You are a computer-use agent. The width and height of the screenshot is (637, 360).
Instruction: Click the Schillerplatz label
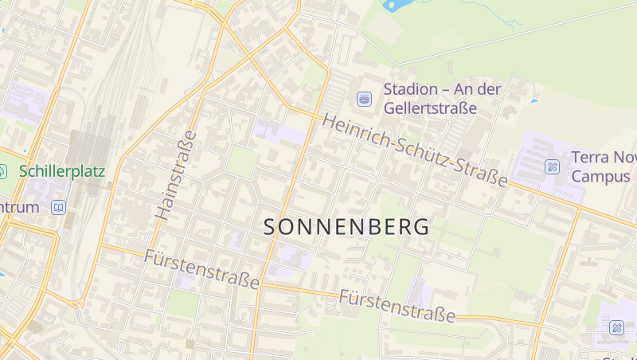coord(62,171)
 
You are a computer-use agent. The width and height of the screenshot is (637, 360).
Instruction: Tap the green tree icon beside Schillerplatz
coord(2,171)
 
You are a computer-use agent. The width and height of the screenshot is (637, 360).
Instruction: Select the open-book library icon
coord(58,207)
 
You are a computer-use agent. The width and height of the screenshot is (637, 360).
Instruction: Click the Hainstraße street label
coord(175,175)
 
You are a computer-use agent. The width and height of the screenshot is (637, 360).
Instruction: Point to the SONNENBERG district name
coord(346,227)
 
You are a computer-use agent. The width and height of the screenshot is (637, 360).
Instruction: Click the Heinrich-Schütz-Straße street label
coord(415,151)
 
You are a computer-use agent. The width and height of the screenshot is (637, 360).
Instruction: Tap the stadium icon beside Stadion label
coord(365,99)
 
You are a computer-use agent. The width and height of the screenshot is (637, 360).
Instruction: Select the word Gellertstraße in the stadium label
coord(430,108)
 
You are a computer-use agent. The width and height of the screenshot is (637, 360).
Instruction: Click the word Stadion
coord(411,89)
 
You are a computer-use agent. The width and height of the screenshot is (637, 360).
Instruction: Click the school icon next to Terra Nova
coord(552,166)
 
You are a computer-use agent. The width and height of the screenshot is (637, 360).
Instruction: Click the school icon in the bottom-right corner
coord(617,327)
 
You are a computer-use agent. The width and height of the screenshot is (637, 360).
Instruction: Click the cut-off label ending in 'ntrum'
coord(19,207)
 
